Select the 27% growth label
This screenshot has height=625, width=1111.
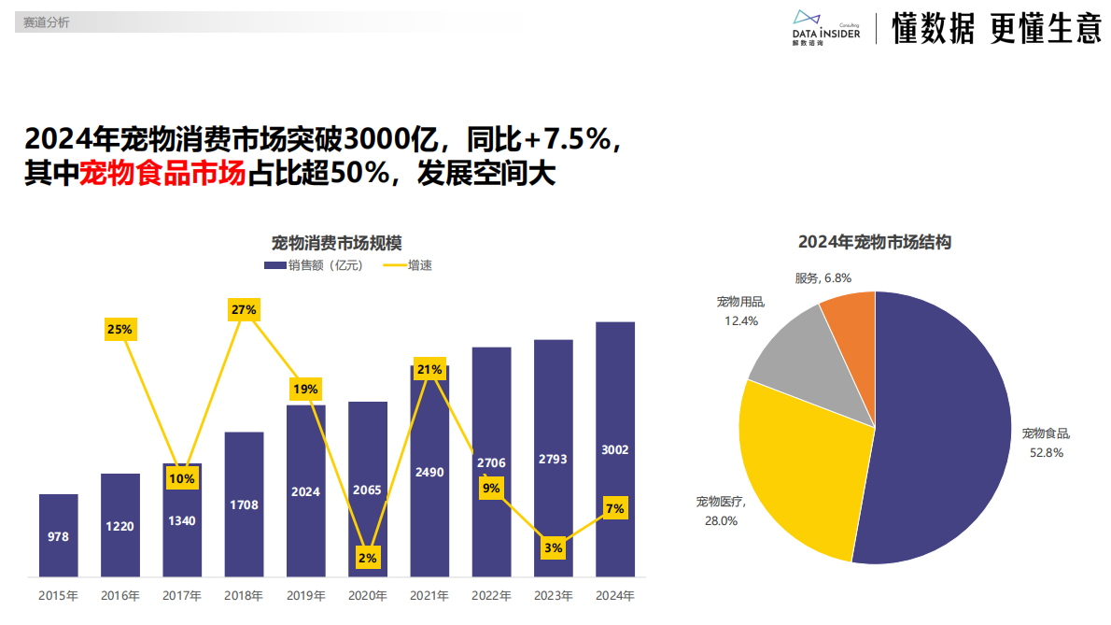[x=243, y=309]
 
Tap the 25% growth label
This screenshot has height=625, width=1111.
[x=120, y=329]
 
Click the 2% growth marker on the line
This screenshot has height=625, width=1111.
[x=367, y=558]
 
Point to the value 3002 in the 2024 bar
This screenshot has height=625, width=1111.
[x=615, y=449]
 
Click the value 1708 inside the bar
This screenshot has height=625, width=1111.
[x=244, y=504]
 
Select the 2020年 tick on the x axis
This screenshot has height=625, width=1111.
[x=367, y=595]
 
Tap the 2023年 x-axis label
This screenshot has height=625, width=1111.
[x=553, y=595]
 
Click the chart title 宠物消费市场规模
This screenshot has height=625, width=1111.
[x=336, y=243]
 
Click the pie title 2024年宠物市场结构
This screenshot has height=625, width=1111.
[x=874, y=242]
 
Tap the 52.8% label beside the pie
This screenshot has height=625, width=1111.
[x=1046, y=452]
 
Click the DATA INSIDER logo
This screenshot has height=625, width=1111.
[x=825, y=28]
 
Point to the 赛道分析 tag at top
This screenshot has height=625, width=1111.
[x=47, y=21]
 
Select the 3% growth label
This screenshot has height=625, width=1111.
[x=553, y=547]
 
